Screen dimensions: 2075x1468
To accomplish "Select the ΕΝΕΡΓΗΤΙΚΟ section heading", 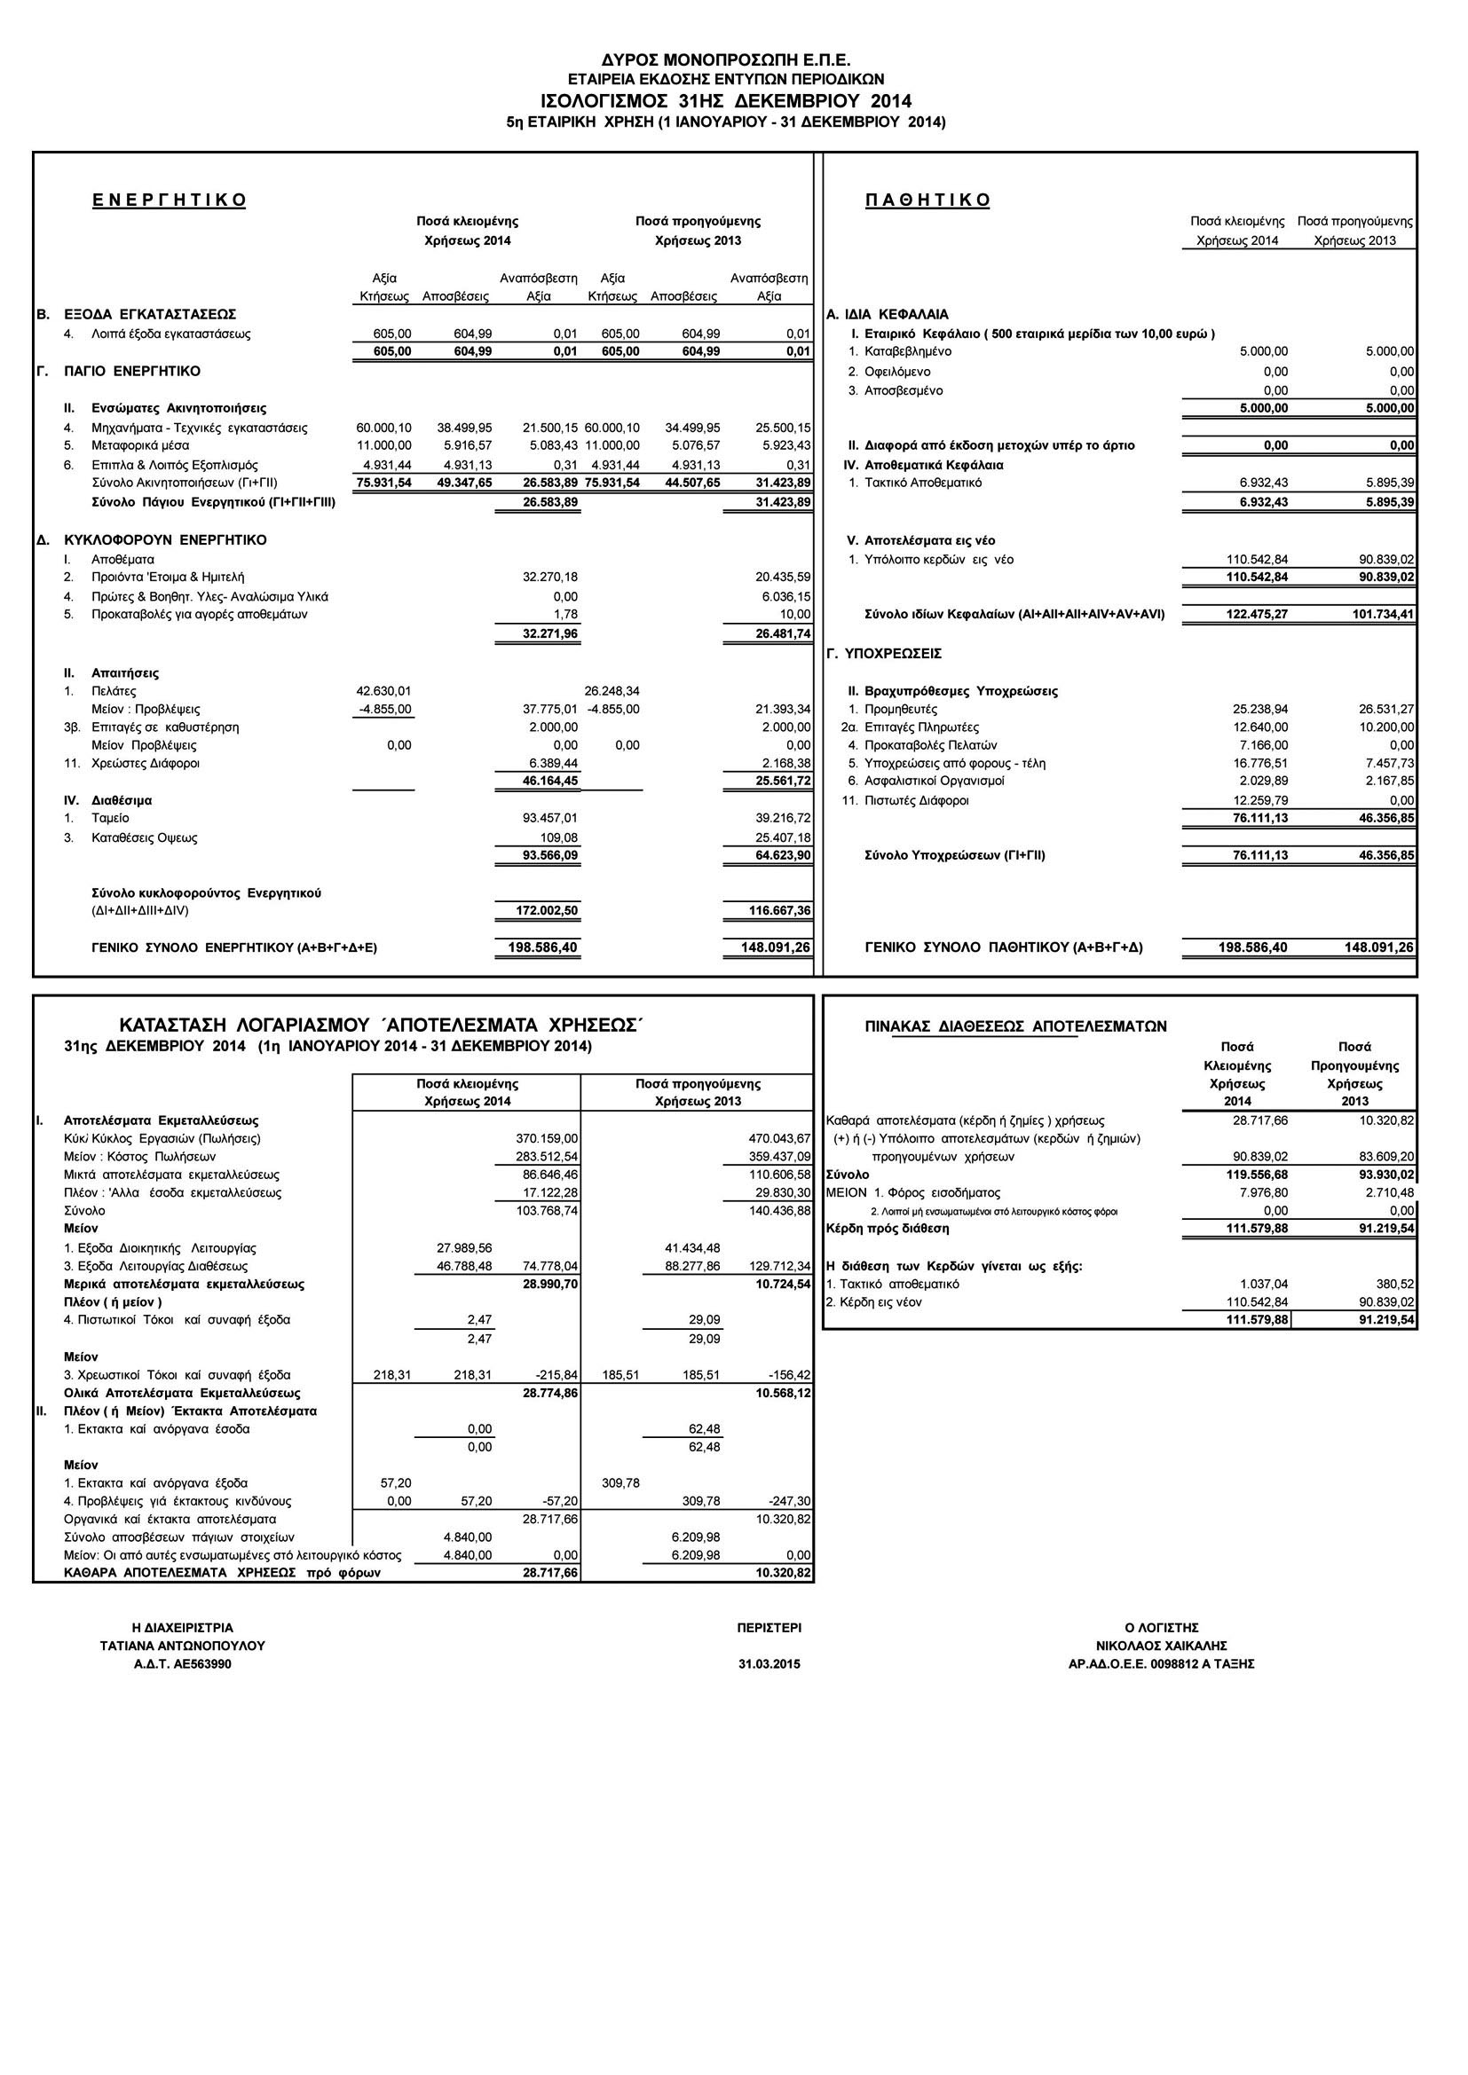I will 169,200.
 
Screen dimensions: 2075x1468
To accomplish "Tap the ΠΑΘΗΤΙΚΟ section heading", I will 927,200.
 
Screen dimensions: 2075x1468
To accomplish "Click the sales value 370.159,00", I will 547,1138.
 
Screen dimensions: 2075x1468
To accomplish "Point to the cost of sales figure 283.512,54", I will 547,1156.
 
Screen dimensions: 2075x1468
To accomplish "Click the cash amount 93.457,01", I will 550,818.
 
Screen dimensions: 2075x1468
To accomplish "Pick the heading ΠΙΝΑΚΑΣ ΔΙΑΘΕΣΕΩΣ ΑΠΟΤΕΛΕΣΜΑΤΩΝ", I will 1015,1026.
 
